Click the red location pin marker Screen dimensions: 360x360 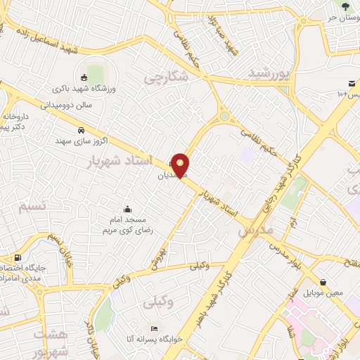pos(181,165)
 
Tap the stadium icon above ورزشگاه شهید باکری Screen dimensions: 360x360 pos(84,77)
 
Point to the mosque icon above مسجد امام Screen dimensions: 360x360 pos(127,209)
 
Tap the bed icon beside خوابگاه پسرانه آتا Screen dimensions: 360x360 pos(154,329)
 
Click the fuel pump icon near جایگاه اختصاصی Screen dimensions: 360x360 pos(17,257)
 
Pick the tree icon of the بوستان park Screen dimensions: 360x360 pos(345,5)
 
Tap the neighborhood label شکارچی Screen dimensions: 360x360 pos(166,78)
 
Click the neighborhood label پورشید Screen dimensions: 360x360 pos(269,72)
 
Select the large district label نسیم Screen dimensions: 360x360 pos(32,206)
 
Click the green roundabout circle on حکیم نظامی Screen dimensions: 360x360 pos(224,117)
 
